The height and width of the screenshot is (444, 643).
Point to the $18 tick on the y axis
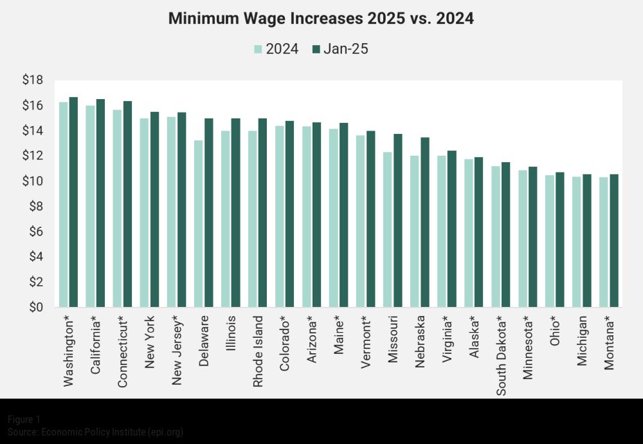coord(32,80)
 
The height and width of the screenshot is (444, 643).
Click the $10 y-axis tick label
coord(32,181)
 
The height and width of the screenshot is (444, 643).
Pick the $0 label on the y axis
coord(35,308)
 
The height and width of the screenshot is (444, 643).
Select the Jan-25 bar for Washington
coord(73,202)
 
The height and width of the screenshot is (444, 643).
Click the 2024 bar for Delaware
coord(199,224)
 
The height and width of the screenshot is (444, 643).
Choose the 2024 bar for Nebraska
coord(415,232)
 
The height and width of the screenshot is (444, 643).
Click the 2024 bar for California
coord(90,207)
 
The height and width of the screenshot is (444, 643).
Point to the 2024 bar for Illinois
coord(226,219)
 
